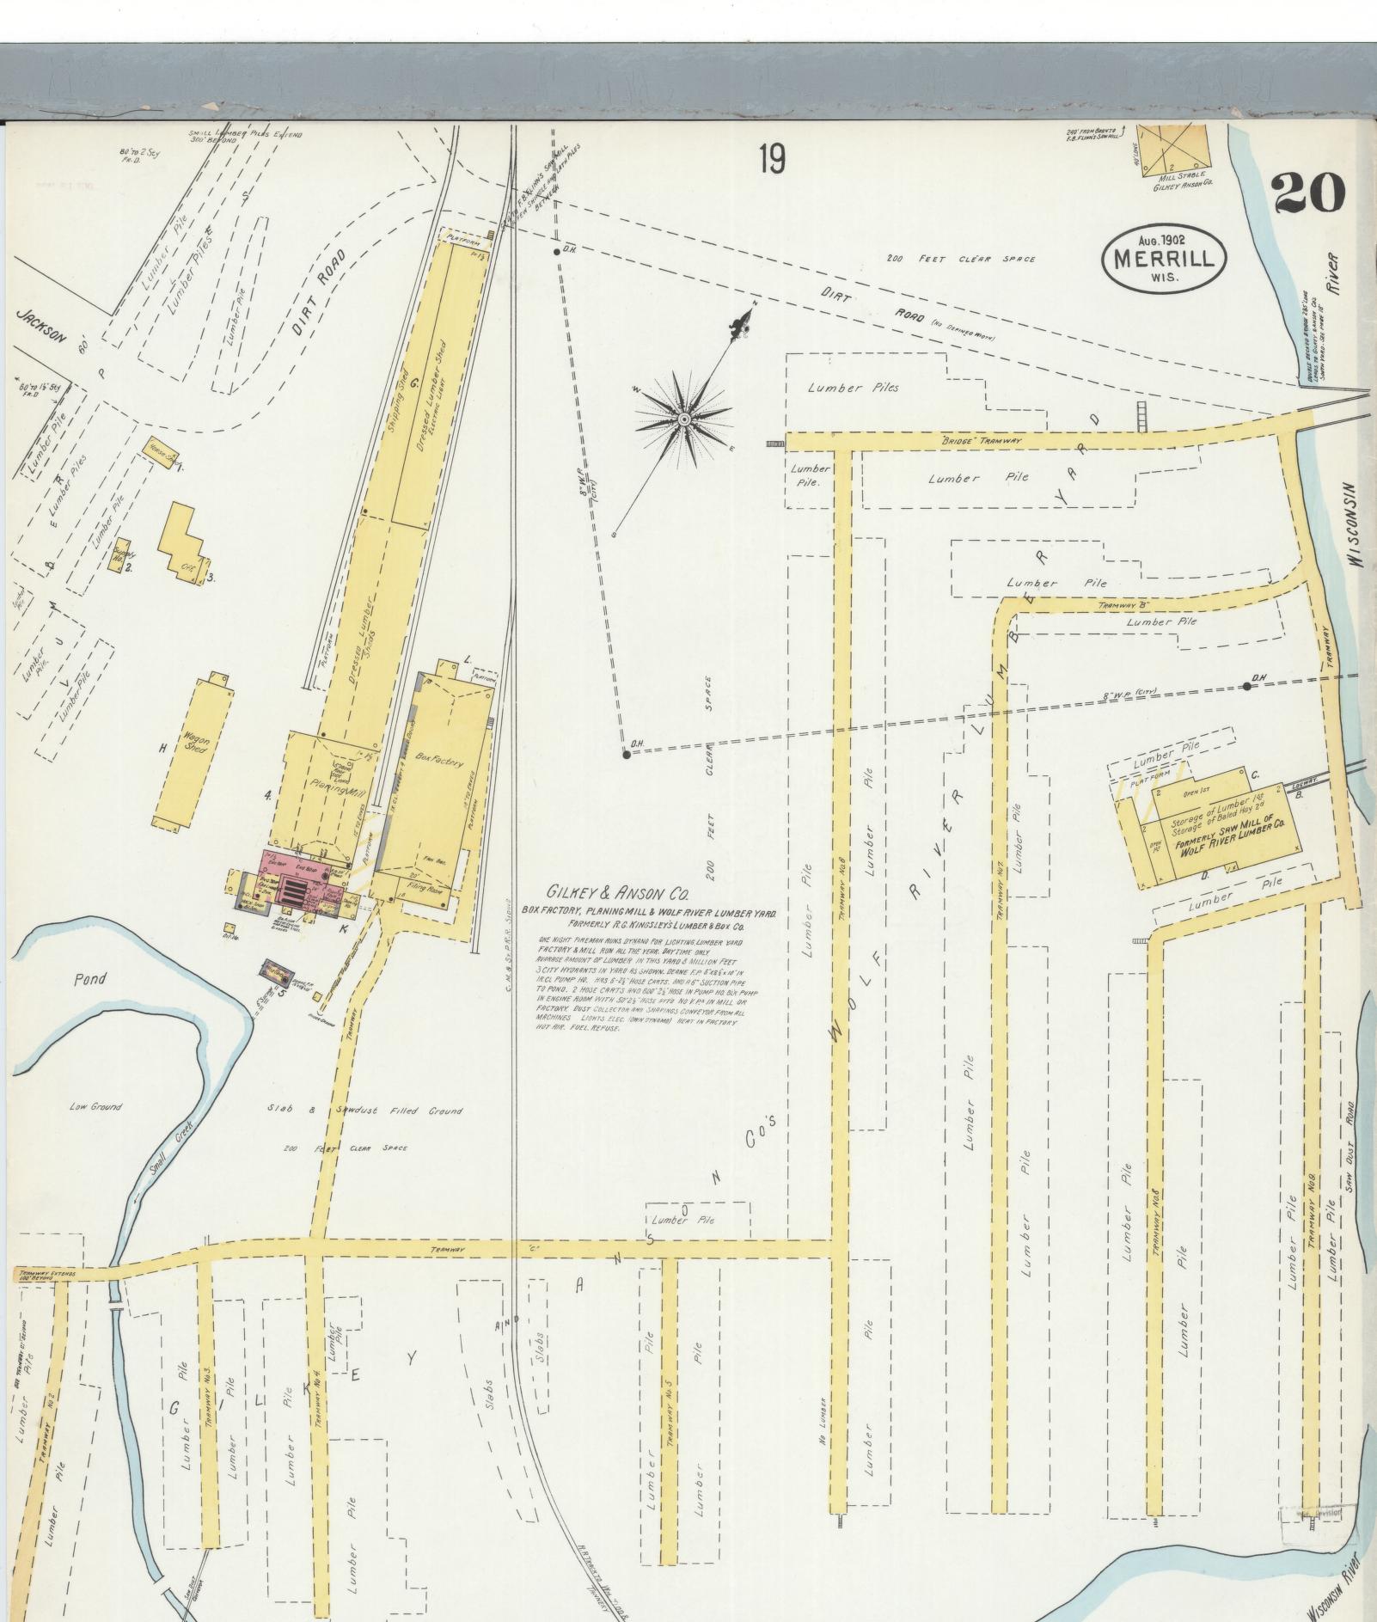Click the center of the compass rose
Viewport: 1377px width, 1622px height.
pyautogui.click(x=684, y=419)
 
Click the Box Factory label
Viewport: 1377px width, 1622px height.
pyautogui.click(x=438, y=762)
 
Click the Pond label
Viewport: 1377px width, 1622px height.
pyautogui.click(x=89, y=978)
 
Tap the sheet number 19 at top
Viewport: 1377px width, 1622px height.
pyautogui.click(x=771, y=160)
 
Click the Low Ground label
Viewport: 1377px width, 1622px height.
pyautogui.click(x=95, y=1106)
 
